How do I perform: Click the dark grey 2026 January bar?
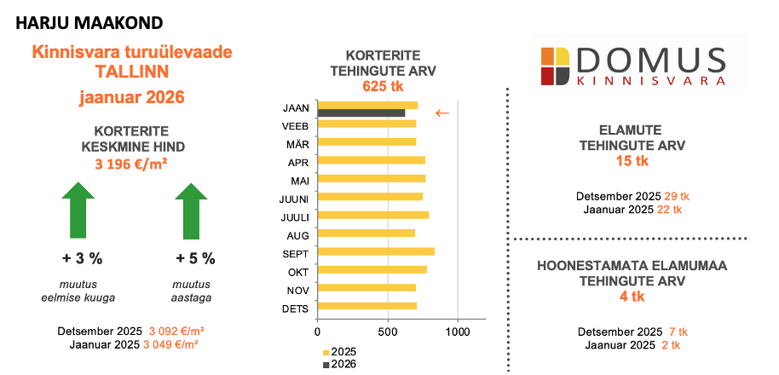click(361, 112)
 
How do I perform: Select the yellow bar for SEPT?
click(376, 251)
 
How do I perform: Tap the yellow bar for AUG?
click(366, 234)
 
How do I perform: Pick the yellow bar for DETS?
click(366, 306)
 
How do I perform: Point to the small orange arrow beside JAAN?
click(442, 112)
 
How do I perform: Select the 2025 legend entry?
click(339, 352)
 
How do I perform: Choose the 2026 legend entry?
click(339, 364)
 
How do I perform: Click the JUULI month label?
click(295, 216)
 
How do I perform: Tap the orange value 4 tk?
click(631, 296)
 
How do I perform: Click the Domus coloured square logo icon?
click(556, 66)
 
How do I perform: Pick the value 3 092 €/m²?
click(176, 331)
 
